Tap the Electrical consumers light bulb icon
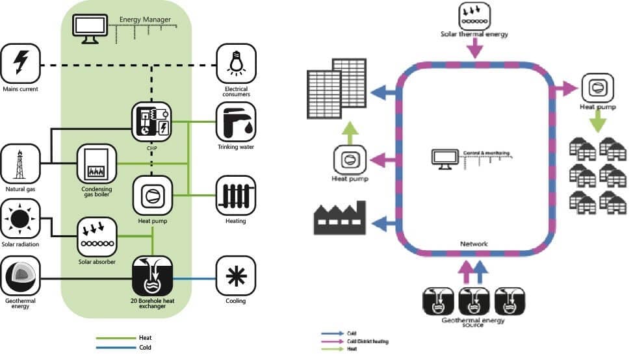[235, 64]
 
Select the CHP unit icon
[151, 121]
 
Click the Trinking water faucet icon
[235, 122]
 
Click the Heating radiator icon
[235, 195]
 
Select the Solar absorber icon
[96, 237]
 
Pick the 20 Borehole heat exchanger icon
[151, 276]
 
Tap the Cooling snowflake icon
[235, 276]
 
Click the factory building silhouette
[340, 218]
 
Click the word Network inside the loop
[474, 244]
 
